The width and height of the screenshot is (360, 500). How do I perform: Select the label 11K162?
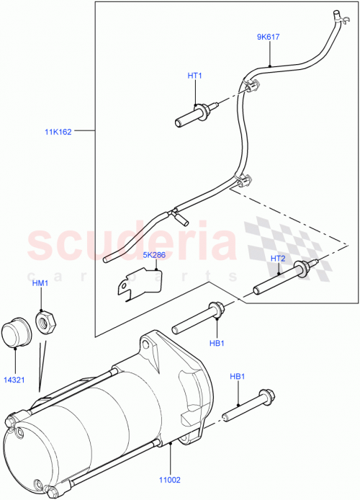coord(57,132)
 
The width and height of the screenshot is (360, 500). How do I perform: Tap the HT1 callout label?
coord(196,75)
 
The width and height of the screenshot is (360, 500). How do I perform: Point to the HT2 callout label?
coord(278,259)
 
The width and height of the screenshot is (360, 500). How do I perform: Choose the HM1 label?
coord(40,283)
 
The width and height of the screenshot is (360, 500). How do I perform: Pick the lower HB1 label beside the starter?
coord(238,377)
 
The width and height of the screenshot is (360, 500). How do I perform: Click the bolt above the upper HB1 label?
coord(199,318)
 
